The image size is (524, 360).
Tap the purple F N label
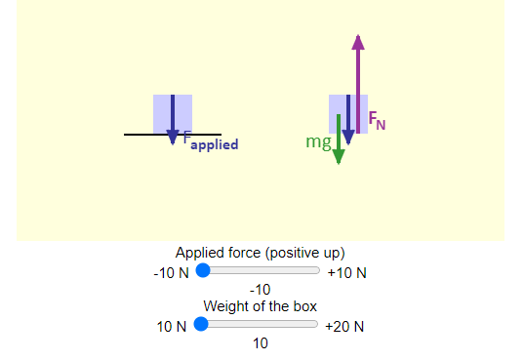click(377, 122)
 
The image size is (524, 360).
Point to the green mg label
click(317, 142)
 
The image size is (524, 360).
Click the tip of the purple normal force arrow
click(358, 37)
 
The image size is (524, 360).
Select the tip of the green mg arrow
click(338, 161)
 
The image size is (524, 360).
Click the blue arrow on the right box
click(346, 117)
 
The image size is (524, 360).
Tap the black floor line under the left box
click(141, 135)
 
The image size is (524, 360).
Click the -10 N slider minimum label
click(170, 273)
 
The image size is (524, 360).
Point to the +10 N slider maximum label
click(347, 273)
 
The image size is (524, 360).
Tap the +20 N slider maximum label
click(345, 327)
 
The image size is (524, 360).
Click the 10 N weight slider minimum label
click(171, 327)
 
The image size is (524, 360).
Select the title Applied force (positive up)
click(260, 253)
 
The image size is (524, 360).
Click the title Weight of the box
click(260, 306)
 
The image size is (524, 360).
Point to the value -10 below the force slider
click(260, 290)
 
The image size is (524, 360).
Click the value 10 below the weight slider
click(260, 343)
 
